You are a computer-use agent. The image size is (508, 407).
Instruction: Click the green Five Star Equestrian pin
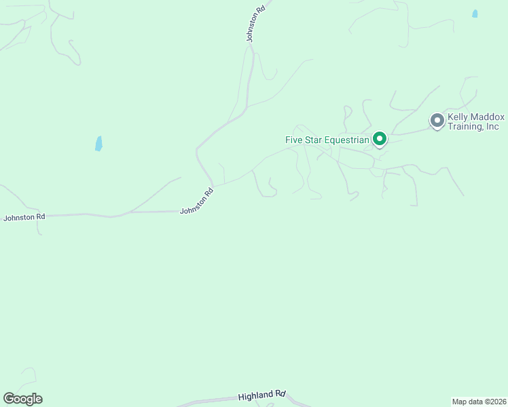[379, 139]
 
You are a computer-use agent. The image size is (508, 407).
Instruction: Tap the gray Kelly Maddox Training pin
[437, 121]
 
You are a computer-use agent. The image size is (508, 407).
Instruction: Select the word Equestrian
[346, 140]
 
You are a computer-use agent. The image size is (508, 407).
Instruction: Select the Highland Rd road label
[262, 395]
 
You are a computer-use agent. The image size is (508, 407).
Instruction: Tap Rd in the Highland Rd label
[280, 393]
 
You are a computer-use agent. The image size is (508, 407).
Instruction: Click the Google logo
[22, 399]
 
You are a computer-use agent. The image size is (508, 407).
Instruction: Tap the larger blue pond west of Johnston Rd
[98, 143]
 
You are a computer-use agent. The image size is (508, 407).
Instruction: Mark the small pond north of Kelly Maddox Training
[475, 14]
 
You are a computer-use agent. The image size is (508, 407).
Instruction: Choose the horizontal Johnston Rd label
[24, 218]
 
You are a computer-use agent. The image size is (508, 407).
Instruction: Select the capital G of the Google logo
[9, 399]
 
